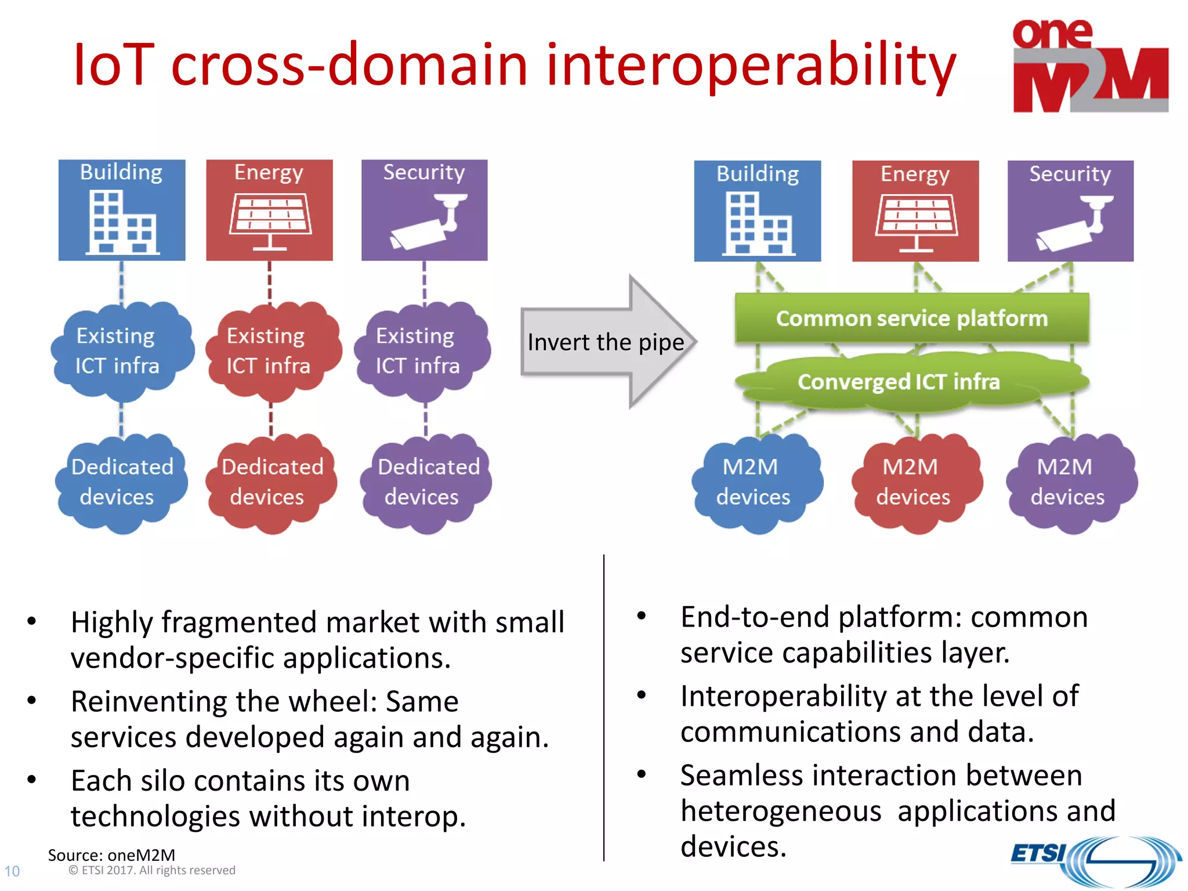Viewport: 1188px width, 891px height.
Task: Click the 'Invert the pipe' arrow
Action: (x=606, y=342)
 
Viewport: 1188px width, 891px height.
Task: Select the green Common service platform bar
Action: (x=911, y=318)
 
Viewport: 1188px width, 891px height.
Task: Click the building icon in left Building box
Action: (x=122, y=223)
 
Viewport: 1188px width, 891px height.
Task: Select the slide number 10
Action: (x=12, y=871)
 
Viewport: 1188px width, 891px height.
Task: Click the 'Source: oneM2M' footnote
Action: (x=111, y=854)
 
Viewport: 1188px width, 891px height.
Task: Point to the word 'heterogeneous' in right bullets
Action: (x=780, y=811)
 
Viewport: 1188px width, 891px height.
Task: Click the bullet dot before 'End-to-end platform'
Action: (x=641, y=616)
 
